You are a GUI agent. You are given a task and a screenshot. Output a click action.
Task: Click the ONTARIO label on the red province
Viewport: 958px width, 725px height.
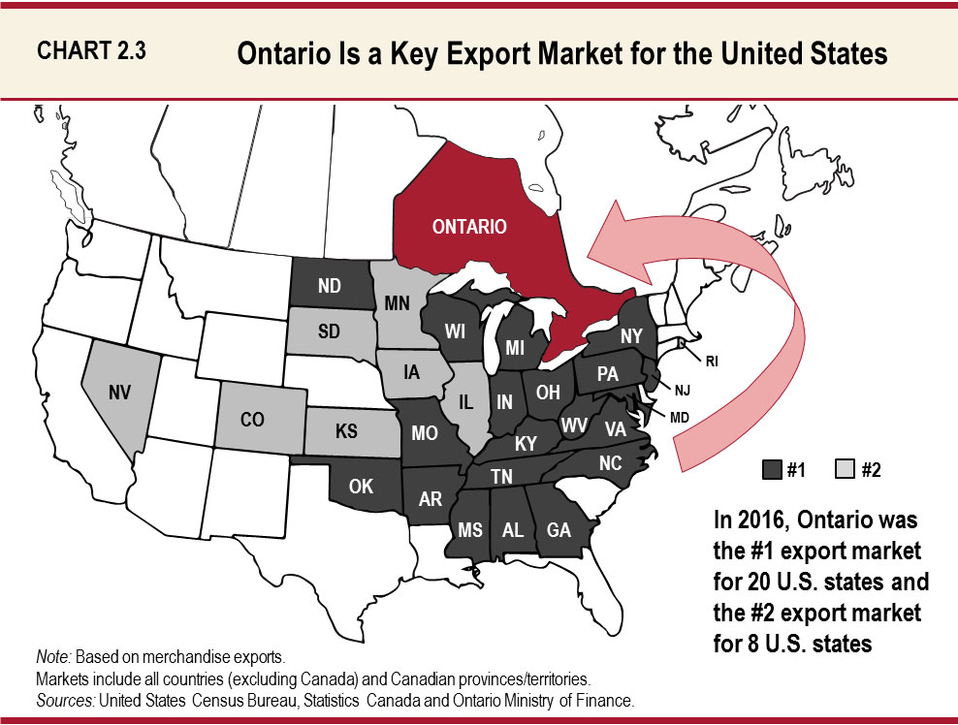pos(469,227)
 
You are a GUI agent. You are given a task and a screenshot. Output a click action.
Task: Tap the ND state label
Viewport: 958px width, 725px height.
pos(328,286)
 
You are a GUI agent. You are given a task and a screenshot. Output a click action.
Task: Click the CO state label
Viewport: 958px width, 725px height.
pos(252,423)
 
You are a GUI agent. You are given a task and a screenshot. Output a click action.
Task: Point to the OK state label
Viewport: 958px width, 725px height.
pos(360,487)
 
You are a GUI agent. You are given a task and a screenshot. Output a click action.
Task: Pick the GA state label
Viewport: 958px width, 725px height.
pos(559,530)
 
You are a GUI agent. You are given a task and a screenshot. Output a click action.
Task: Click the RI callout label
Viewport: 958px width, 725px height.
pos(712,361)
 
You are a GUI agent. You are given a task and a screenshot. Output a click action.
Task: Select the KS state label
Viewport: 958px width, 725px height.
pos(346,431)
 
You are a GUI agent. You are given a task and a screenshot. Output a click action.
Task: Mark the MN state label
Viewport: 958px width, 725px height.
pos(397,303)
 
